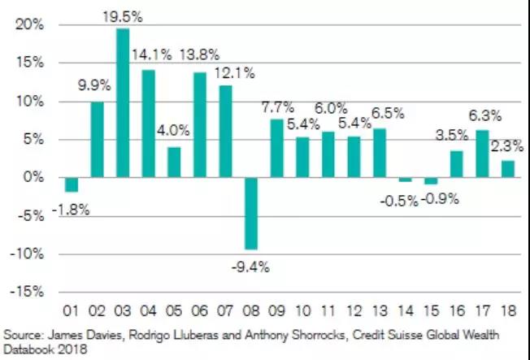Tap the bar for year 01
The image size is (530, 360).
coord(72,184)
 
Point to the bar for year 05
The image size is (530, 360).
coord(174,162)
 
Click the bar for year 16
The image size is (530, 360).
coord(455,163)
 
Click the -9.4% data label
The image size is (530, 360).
coord(253,266)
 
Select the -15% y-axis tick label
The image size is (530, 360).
coord(29,292)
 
